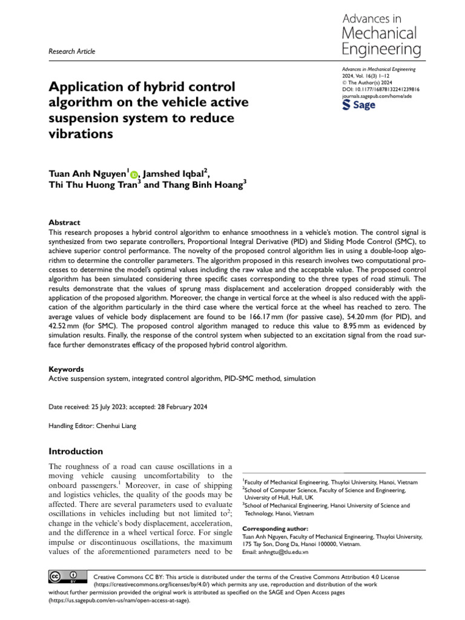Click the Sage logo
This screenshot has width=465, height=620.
[359, 105]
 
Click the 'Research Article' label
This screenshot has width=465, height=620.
[71, 51]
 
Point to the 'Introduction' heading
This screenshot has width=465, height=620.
[76, 451]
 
